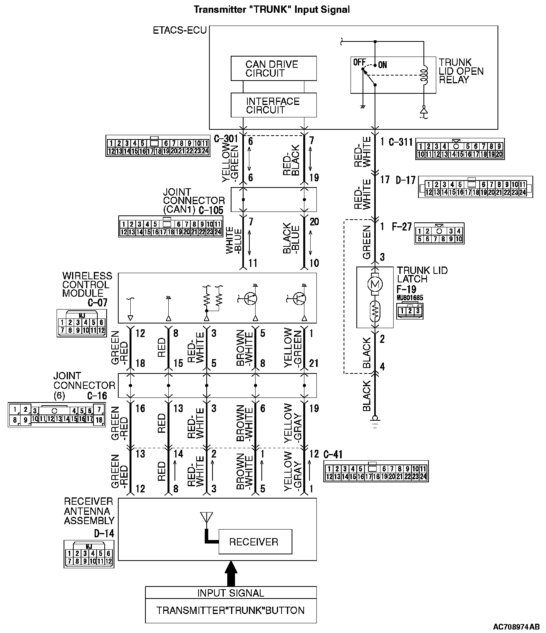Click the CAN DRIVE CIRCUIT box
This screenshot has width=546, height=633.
(x=273, y=69)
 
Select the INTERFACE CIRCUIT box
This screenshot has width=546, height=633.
(x=273, y=105)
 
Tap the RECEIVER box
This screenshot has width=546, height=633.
(x=255, y=541)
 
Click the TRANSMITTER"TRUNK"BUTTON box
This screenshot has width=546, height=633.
(x=231, y=611)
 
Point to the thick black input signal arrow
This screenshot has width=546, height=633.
(x=231, y=573)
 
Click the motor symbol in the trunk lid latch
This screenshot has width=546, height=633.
(x=375, y=284)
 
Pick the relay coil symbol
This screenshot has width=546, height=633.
(x=425, y=76)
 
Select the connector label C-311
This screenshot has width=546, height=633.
(x=401, y=142)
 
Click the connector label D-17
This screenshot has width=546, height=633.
(x=406, y=180)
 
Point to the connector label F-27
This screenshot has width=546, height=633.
(x=401, y=227)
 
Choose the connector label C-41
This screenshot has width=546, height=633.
(x=332, y=454)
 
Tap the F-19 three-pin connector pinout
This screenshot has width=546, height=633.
(x=410, y=311)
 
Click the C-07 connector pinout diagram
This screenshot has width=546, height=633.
(x=81, y=323)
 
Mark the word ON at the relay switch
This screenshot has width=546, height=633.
(x=382, y=65)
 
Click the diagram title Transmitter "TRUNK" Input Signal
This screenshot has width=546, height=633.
(x=271, y=9)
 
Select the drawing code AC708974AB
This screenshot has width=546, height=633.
(x=516, y=626)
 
